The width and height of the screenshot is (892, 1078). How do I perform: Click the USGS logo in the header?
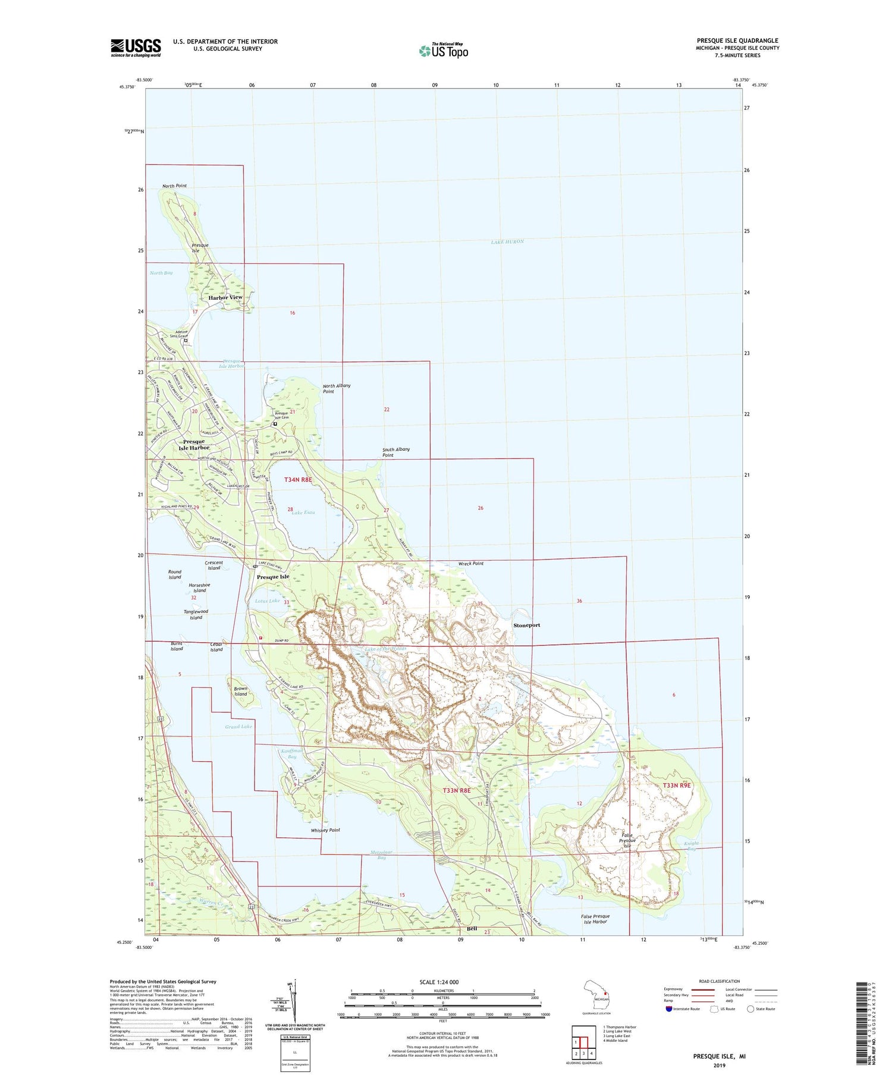pos(136,48)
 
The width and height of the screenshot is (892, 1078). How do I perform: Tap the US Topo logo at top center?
pos(444,51)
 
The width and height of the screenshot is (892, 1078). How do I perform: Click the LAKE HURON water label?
pos(507,242)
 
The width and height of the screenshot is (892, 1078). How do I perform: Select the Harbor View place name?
pos(225,297)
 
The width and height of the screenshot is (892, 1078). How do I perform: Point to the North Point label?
pos(174,186)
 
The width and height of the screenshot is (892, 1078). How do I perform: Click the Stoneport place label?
pos(527,626)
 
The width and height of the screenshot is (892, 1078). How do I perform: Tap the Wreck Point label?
pos(471,564)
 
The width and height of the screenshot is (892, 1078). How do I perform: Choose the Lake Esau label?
pos(303,513)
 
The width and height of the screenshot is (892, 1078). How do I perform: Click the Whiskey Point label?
pos(325,830)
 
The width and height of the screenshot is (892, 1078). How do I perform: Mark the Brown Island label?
pos(240,692)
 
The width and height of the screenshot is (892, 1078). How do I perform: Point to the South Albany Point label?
pos(396,452)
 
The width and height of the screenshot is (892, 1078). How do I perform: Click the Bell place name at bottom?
pos(472,929)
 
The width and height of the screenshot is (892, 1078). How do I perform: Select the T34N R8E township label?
pos(298,480)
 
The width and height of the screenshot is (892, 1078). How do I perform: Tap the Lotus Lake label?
pos(267,601)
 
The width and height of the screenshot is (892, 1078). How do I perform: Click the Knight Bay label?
pos(691,846)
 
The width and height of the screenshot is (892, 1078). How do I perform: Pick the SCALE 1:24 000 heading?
pos(439,982)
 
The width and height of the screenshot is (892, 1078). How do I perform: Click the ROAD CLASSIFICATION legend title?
pos(720,981)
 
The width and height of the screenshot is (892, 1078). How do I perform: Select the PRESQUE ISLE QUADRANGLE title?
pos(737,41)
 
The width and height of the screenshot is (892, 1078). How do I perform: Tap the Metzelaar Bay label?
pos(381,855)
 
